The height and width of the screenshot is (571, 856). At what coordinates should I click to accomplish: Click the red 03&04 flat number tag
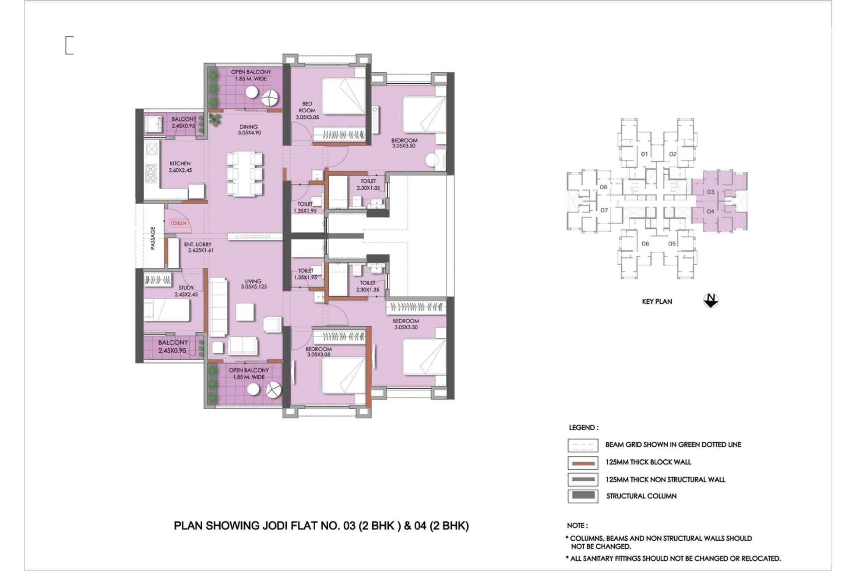click(179, 223)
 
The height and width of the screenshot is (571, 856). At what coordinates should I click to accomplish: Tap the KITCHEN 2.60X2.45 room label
click(180, 167)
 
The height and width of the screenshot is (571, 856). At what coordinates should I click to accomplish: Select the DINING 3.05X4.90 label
click(249, 130)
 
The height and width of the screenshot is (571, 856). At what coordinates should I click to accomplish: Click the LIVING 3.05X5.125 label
click(253, 284)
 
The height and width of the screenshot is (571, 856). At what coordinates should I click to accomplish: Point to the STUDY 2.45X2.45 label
click(186, 291)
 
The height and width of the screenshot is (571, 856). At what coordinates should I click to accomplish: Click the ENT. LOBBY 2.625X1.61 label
click(198, 248)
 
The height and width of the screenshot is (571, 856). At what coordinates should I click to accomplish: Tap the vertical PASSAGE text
click(153, 238)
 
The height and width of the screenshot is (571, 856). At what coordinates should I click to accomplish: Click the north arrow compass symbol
click(711, 301)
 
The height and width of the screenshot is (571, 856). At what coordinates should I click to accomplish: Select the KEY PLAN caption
click(657, 301)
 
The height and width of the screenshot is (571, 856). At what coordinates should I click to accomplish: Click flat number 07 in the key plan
click(604, 210)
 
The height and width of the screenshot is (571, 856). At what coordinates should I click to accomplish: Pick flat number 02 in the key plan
click(673, 154)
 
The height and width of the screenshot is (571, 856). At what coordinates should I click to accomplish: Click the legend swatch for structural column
click(583, 496)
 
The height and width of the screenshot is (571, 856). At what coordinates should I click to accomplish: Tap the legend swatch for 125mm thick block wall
click(583, 463)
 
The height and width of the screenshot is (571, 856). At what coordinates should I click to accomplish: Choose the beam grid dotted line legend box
click(583, 445)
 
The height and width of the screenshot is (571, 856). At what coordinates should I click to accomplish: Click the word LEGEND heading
click(583, 428)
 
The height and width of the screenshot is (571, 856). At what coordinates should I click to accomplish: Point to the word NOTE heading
click(577, 525)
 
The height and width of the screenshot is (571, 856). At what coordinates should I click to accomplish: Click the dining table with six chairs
click(244, 174)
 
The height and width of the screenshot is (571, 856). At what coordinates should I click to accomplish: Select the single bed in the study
click(167, 310)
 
